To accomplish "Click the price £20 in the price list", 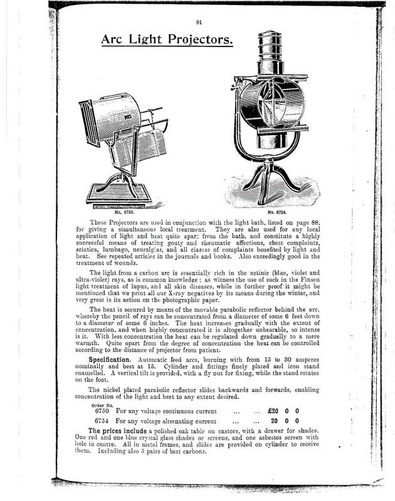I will pyautogui.click(x=273, y=411).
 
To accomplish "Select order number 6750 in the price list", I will pyautogui.click(x=102, y=411).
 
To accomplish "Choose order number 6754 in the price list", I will pyautogui.click(x=102, y=421).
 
